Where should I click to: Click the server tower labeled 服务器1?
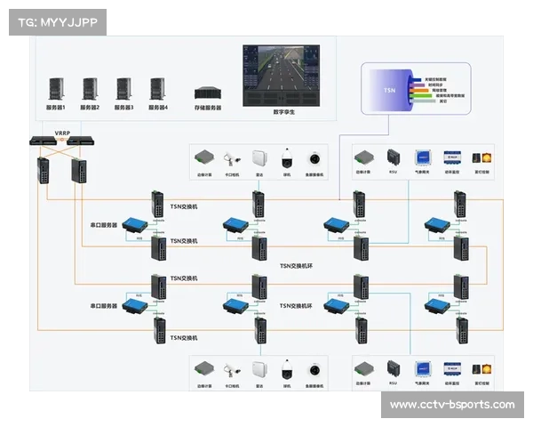(x=56, y=88)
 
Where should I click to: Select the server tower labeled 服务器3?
(x=123, y=88)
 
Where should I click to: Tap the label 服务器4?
(x=158, y=108)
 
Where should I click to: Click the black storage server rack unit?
(x=207, y=92)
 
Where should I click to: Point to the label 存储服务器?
(x=207, y=108)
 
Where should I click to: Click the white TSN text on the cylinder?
(x=389, y=91)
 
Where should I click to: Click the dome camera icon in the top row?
(x=286, y=159)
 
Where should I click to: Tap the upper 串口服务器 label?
(x=104, y=224)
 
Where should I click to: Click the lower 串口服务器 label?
(x=104, y=306)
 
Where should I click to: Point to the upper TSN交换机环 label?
(x=298, y=264)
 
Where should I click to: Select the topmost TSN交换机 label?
(x=184, y=206)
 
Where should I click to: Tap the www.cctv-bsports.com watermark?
(x=452, y=405)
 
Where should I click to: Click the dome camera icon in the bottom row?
(x=286, y=370)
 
